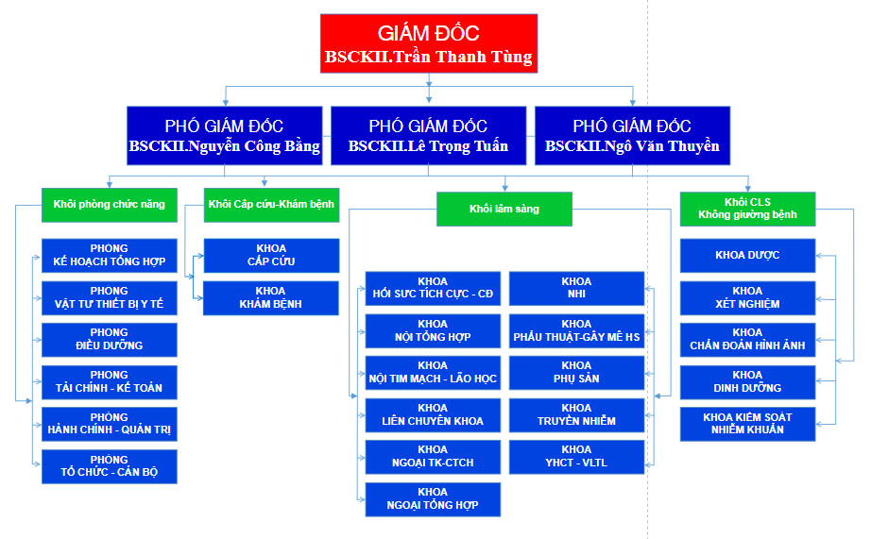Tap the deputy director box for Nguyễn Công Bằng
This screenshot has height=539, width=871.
pos(224,135)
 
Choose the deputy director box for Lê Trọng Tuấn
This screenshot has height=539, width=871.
pos(428,135)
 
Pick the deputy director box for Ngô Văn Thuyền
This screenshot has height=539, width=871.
pos(632,135)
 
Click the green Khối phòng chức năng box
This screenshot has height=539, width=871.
pos(110,204)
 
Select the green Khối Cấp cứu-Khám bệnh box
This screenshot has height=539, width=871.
pos(270,204)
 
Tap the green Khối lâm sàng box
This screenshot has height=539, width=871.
pos(504,209)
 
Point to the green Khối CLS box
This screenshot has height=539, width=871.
pos(747,208)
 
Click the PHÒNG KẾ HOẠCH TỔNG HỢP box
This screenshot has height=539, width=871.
pos(110,255)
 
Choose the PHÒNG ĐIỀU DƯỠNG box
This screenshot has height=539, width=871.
pos(110,339)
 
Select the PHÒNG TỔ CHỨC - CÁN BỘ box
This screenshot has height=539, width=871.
pos(110,466)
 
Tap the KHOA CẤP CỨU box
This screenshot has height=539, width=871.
pos(270,255)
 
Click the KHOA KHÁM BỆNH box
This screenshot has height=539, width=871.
pos(270,297)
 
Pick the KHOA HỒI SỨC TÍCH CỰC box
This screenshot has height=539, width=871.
pos(433,288)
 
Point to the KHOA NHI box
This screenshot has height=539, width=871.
pos(576,288)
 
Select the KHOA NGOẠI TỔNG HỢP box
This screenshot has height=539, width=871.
pos(433,498)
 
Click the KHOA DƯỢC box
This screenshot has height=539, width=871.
pos(747,255)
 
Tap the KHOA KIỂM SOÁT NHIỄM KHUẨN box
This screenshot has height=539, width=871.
pos(747,424)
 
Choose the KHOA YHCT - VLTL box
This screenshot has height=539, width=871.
pos(576,456)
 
